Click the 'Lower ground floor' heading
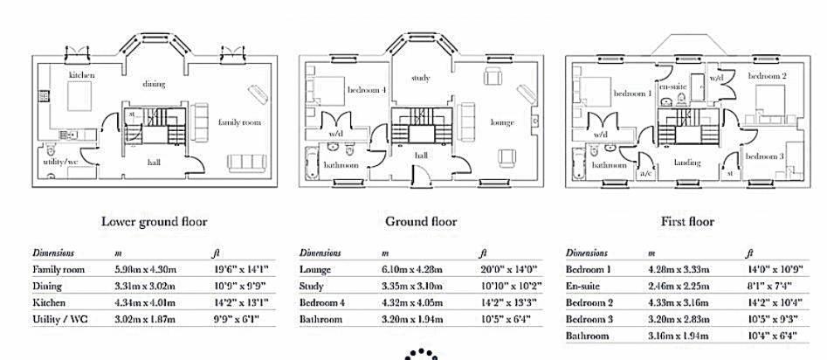tap(154, 221)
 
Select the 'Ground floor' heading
tap(421, 221)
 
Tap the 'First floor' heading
tap(687, 221)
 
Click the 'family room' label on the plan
tap(239, 122)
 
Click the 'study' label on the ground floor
tap(421, 78)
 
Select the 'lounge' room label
tap(502, 122)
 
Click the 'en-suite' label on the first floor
tap(672, 87)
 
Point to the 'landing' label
tap(687, 163)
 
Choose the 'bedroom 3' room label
tap(764, 156)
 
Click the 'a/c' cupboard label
tap(646, 174)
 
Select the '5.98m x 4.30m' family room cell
tap(145, 269)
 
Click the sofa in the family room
tap(246, 163)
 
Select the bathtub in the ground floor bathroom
tap(313, 163)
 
